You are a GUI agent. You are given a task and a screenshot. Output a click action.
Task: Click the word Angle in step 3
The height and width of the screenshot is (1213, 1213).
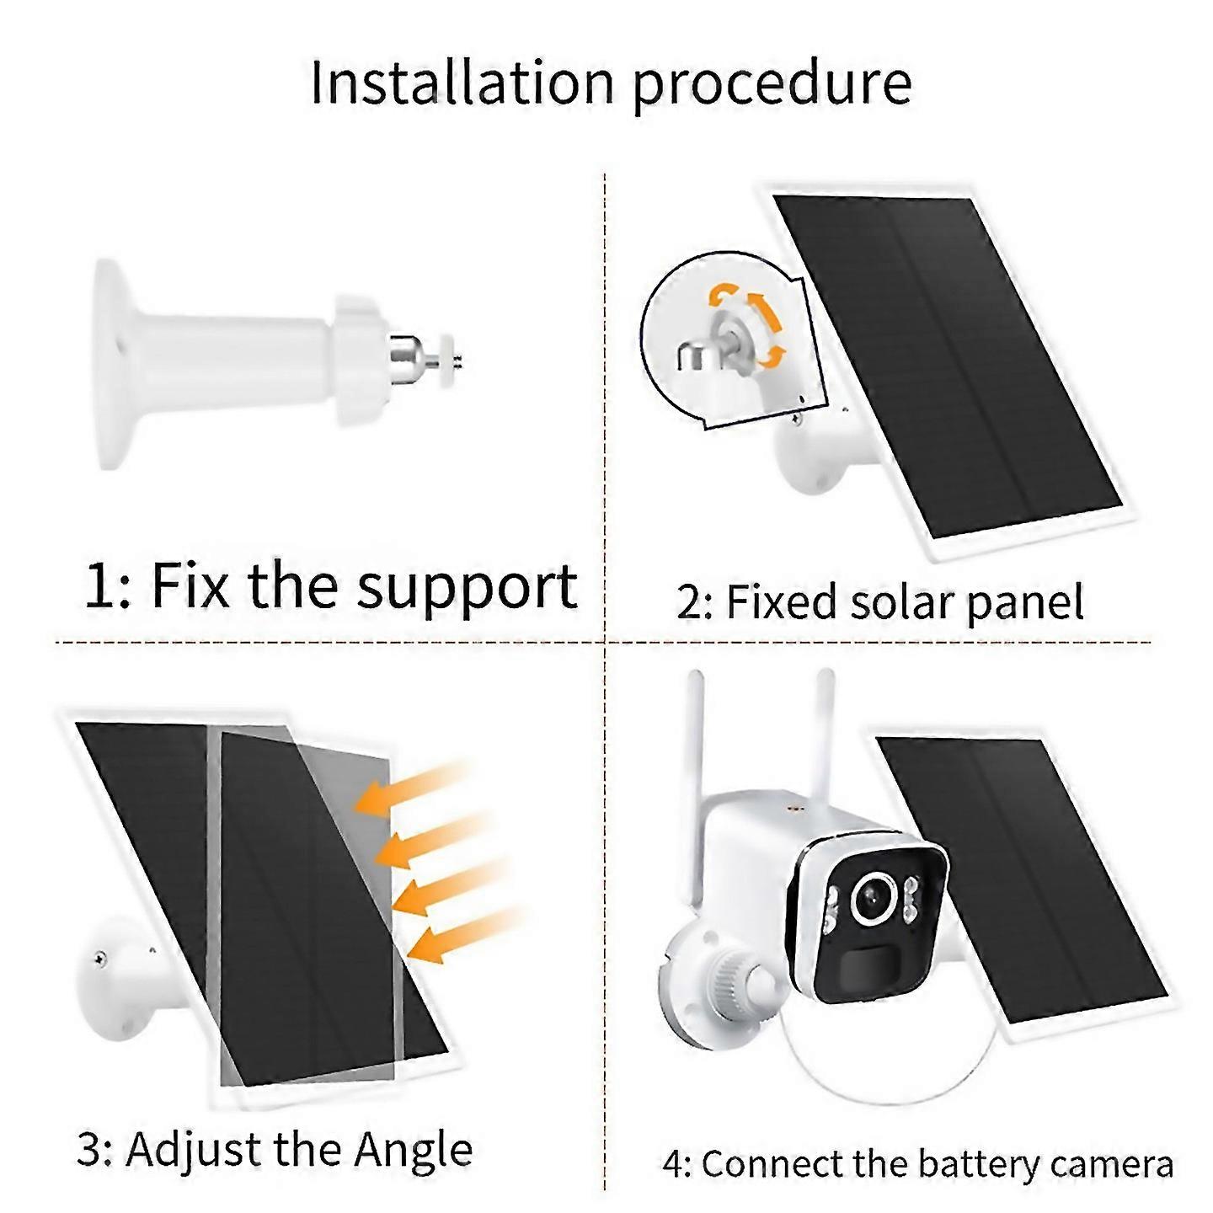413,1149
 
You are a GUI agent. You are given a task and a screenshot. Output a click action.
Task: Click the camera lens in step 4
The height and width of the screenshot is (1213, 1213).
870,900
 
